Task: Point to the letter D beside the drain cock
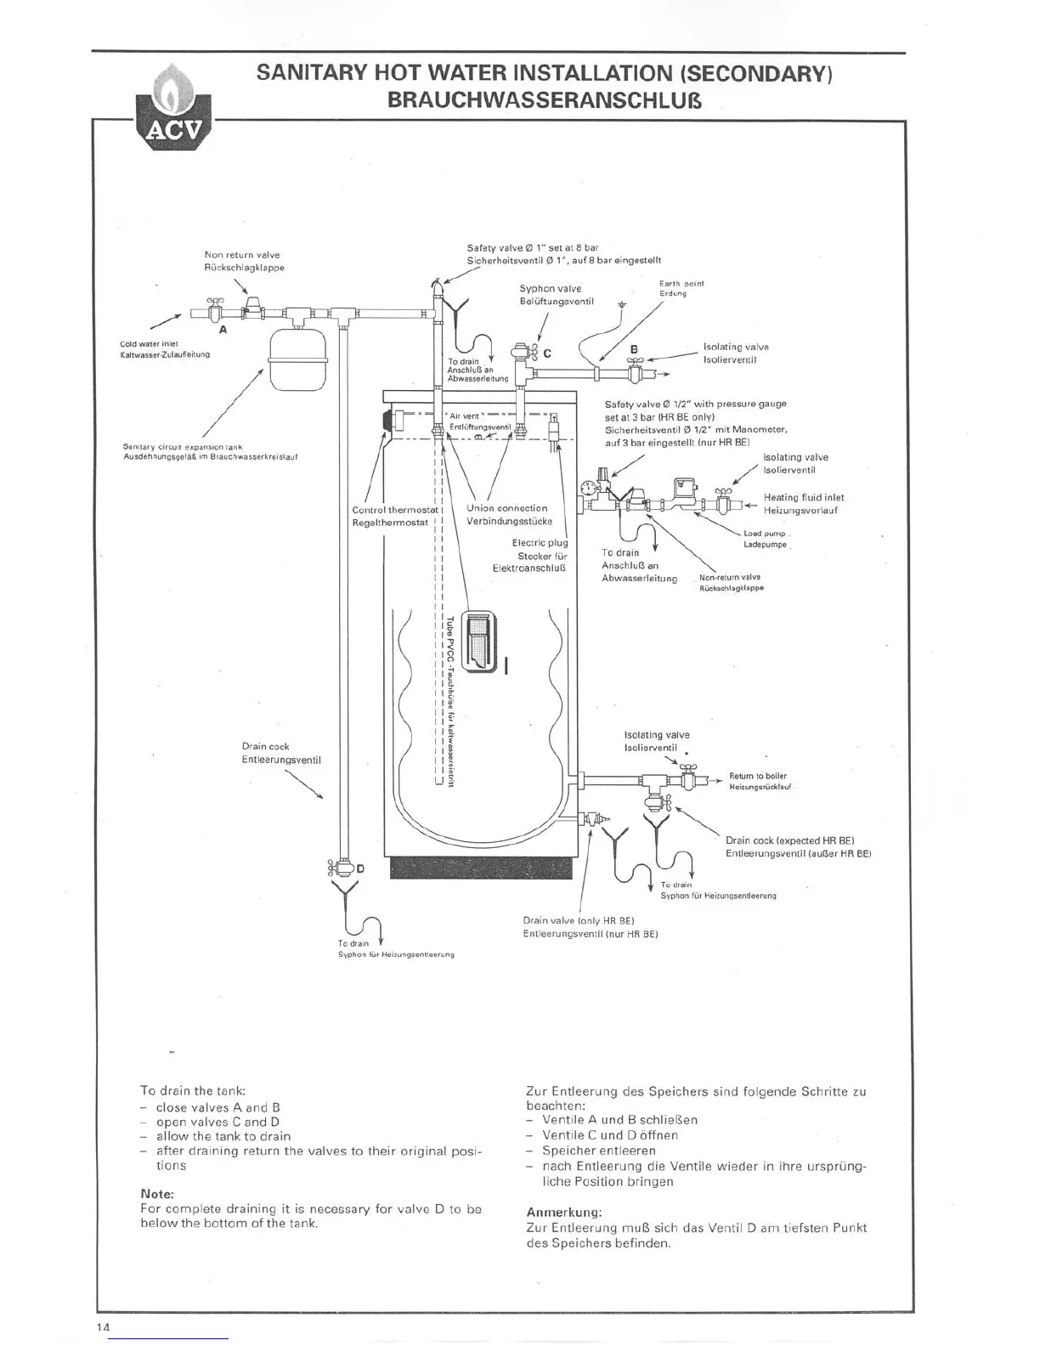coord(360,868)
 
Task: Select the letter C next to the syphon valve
coord(547,353)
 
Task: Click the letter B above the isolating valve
coord(633,348)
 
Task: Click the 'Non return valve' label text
coord(242,255)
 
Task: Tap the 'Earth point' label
coord(681,284)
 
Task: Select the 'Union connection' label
coord(507,508)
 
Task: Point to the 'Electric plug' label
coord(540,542)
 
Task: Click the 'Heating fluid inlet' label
coord(803,498)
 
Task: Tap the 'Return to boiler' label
coord(758,776)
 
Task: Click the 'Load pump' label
coord(764,534)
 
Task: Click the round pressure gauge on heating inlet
coord(587,488)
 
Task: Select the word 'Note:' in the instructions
coord(157,1194)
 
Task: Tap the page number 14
coord(105,1327)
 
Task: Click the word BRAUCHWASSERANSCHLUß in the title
coord(544,101)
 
